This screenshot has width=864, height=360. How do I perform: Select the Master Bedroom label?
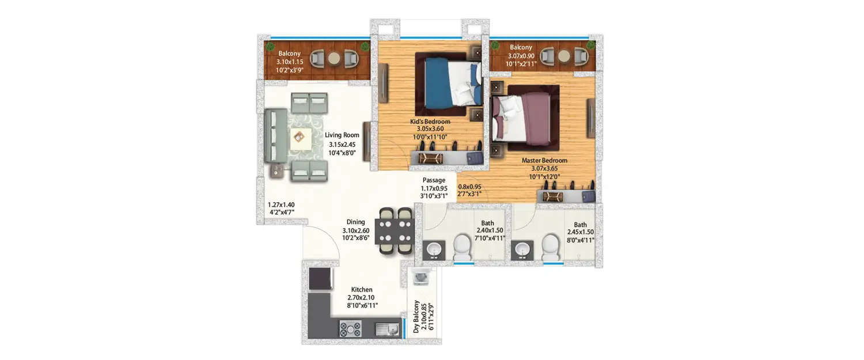pos(544,160)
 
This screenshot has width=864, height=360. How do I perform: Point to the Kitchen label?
pos(362,290)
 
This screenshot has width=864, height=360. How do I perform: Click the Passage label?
pos(434,180)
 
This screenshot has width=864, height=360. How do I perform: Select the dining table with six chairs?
pos(394,230)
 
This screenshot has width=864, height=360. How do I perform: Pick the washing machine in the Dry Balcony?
pos(420,278)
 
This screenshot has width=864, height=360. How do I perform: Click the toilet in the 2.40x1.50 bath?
pos(463,247)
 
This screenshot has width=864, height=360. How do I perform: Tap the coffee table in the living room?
pos(300,137)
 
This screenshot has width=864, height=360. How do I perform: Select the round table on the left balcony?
pos(334,58)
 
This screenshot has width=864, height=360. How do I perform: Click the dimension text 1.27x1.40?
pos(281,204)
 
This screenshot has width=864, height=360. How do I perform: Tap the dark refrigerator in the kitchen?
pos(320,279)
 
